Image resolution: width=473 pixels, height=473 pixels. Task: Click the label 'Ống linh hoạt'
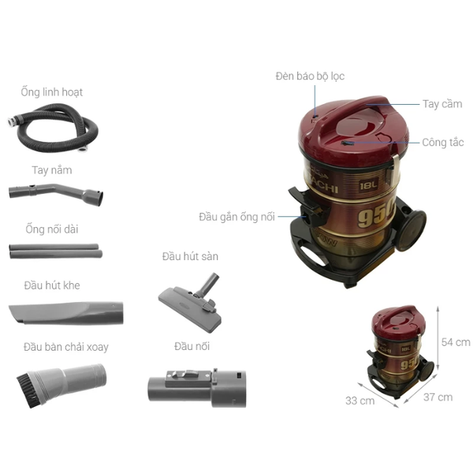51,92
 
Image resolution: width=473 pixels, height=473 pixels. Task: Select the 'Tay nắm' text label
51,169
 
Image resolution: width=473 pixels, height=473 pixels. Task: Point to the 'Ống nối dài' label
51,229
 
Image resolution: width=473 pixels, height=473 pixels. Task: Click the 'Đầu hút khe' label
51,285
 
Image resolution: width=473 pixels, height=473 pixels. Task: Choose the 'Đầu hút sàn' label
190,256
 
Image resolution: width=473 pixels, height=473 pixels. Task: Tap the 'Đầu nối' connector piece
196,385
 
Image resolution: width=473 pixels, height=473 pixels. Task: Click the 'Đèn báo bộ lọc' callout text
310,76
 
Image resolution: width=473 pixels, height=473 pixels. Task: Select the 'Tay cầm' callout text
441,104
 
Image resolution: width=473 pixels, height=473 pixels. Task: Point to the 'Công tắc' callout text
442,143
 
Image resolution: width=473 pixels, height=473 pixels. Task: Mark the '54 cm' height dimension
455,342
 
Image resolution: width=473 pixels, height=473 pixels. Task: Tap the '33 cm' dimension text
359,400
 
